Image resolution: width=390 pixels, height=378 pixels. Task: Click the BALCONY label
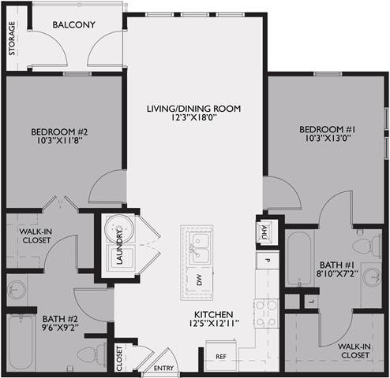74,25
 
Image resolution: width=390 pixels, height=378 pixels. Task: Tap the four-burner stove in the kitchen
267,309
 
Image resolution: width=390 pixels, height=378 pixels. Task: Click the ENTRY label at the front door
163,368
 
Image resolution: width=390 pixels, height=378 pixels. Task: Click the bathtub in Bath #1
300,258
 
